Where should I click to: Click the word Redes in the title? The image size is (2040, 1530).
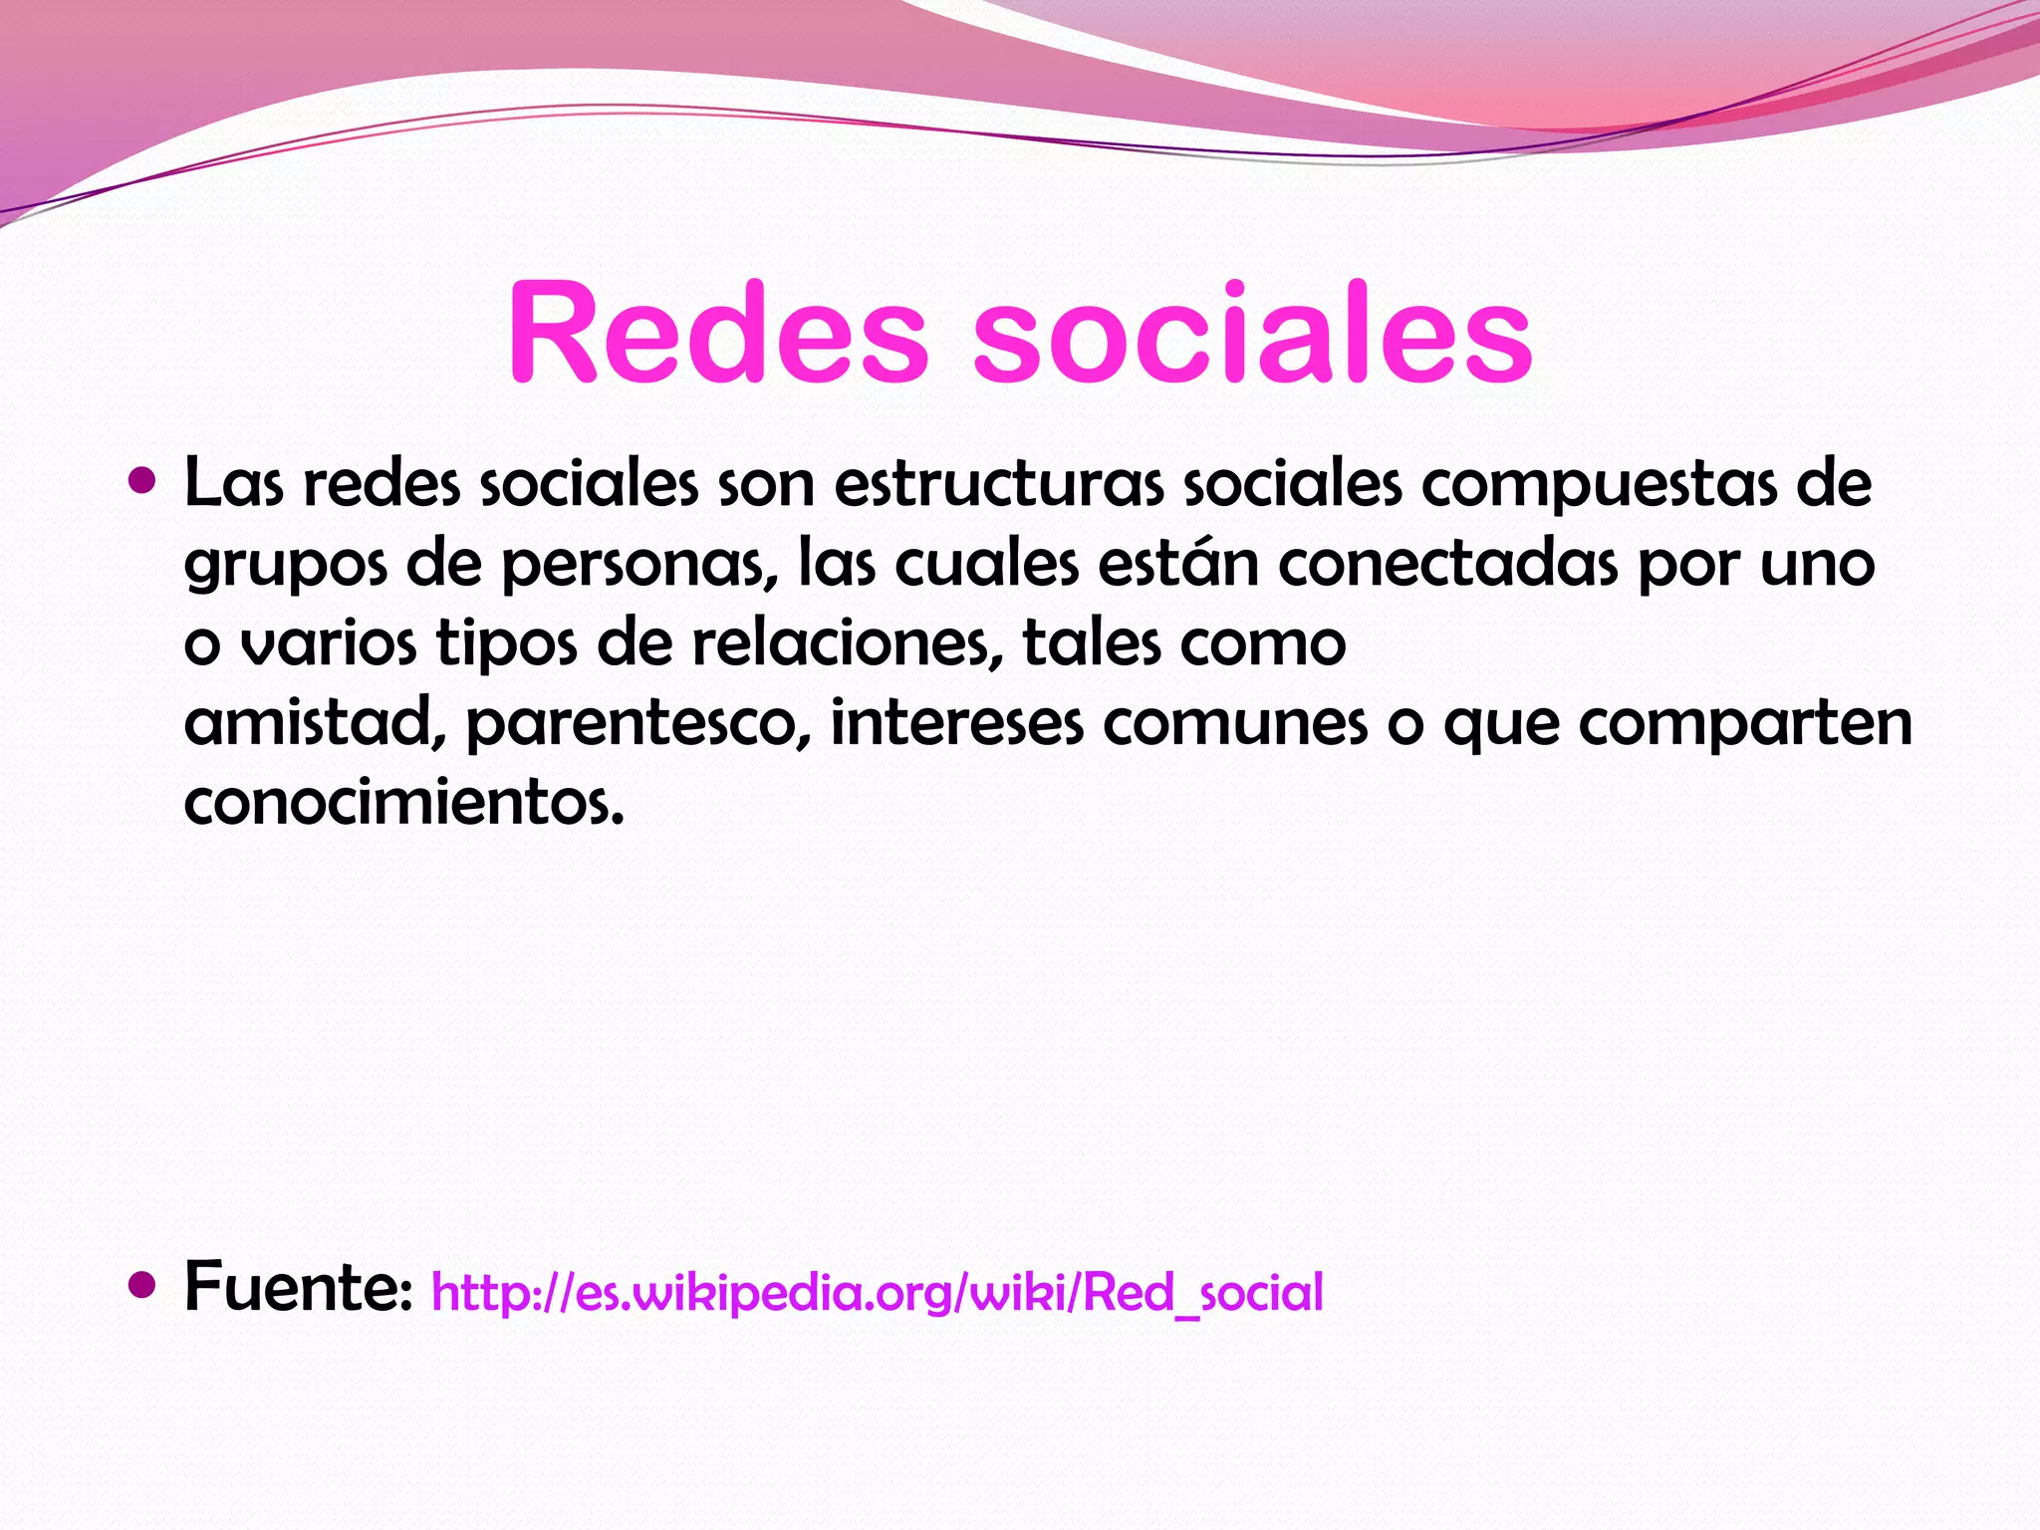717,334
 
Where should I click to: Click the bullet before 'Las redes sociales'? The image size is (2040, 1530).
143,482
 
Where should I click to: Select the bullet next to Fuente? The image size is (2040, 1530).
143,1285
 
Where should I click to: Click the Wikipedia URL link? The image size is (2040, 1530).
877,1293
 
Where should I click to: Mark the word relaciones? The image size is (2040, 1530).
847,643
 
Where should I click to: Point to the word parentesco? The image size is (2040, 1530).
637,725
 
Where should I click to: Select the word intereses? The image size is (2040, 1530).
956,723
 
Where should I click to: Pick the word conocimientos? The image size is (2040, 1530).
403,803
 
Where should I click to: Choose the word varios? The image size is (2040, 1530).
329,644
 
